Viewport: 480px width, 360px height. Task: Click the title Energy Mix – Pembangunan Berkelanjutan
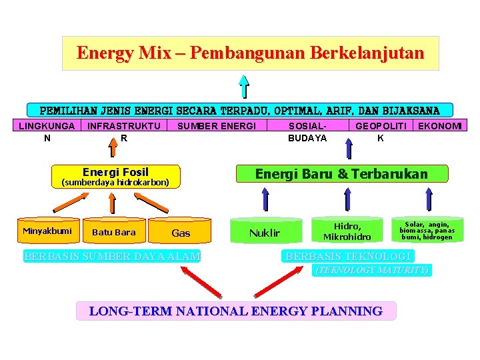coord(250,53)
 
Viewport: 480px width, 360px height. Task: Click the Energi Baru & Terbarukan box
coord(342,174)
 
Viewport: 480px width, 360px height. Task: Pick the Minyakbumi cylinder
coord(47,231)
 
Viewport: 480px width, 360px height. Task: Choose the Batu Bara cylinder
coord(113,232)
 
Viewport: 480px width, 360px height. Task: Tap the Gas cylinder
coord(181,232)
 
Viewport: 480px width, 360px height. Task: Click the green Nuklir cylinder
coord(265,232)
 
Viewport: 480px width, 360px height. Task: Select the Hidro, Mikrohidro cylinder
coord(347,231)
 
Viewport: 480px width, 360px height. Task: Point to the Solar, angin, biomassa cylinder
coord(427,230)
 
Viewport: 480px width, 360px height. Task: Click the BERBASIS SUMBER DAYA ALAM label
coord(111,257)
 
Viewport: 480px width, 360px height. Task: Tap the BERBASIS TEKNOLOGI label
coord(349,257)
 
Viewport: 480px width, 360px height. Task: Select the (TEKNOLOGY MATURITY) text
coord(372,270)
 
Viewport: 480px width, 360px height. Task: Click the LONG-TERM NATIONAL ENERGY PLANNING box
coord(236,311)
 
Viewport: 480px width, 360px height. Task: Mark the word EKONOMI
coord(439,125)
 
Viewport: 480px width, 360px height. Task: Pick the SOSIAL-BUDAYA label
coord(307,131)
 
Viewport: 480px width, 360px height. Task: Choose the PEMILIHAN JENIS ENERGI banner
coord(240,110)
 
